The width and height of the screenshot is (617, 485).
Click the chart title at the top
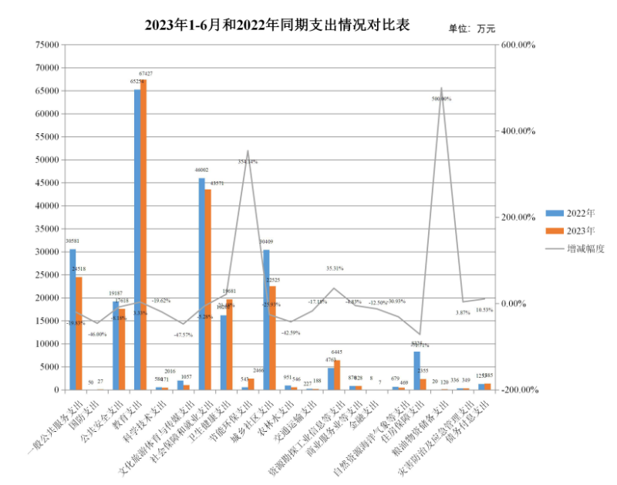(277, 25)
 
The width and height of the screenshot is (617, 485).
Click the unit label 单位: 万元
(471, 29)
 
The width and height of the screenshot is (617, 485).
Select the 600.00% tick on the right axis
(519, 45)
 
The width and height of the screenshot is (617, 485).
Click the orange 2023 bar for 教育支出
(143, 234)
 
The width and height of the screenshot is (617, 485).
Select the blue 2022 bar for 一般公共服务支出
(72, 319)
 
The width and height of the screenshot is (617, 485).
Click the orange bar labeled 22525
(272, 338)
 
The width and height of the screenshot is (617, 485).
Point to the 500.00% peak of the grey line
(441, 89)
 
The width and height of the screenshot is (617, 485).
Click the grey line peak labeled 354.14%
(248, 151)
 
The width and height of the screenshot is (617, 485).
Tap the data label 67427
(145, 74)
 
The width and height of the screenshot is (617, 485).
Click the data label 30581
(71, 241)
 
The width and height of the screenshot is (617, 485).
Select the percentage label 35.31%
(334, 268)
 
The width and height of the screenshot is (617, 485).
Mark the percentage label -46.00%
(96, 334)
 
